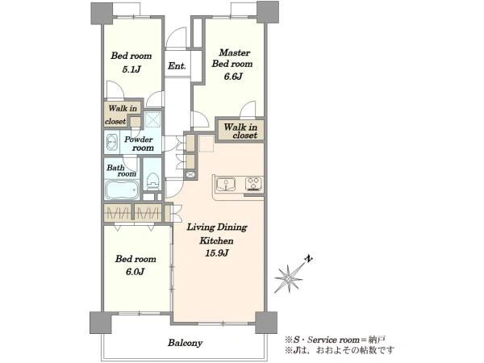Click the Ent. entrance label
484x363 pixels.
[x=177, y=66]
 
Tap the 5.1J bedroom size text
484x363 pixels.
[x=131, y=69]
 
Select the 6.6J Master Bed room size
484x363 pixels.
[x=233, y=77]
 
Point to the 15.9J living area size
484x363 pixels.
[x=217, y=253]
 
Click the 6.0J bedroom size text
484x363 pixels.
[x=136, y=272]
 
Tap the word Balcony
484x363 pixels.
[x=186, y=343]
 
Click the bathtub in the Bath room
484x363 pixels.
[x=122, y=190]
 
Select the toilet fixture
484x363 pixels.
[x=152, y=181]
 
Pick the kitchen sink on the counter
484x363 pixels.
[x=226, y=184]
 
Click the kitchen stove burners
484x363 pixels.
[x=254, y=183]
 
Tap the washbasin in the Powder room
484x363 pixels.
[x=112, y=143]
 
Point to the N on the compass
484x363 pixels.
[x=308, y=259]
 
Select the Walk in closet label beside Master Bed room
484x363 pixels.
[x=240, y=131]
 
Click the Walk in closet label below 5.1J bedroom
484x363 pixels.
[x=121, y=115]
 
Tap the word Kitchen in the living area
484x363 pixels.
[x=216, y=240]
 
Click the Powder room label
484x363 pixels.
[x=140, y=144]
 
